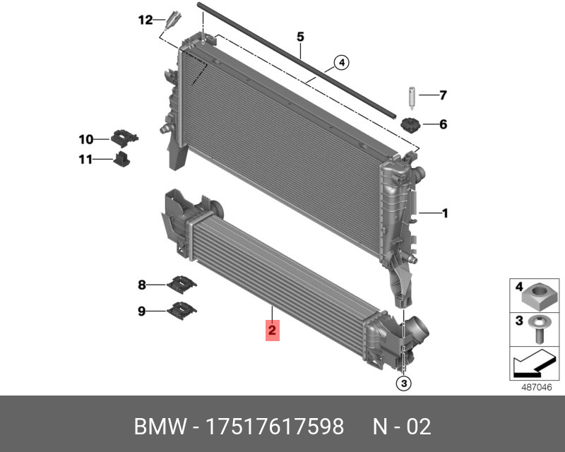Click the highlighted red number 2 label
(272, 330)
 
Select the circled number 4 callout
(342, 63)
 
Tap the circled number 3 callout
(403, 383)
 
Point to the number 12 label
(145, 20)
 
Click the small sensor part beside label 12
(173, 20)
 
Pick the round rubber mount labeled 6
(410, 125)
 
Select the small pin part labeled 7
(412, 97)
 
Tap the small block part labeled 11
(121, 159)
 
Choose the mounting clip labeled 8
(182, 285)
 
